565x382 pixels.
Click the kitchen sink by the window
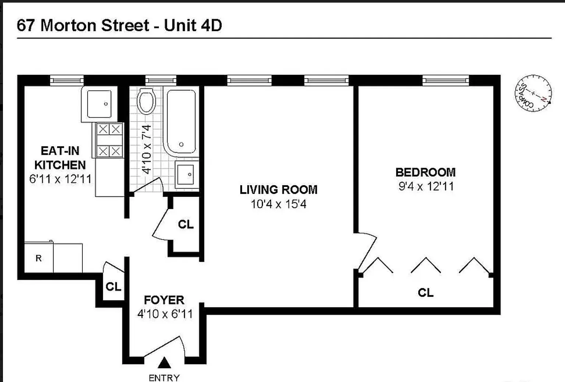[99, 104]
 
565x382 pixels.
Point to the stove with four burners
[110, 140]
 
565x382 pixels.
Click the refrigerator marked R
[39, 257]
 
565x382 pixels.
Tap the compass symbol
[533, 93]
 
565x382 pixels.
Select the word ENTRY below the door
[164, 378]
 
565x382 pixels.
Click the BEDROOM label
[426, 172]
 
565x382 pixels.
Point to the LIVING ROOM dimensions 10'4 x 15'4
[278, 204]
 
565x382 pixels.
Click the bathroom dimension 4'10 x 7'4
[146, 149]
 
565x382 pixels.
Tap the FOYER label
[164, 300]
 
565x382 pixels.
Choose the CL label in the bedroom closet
[426, 293]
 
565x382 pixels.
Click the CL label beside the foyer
[114, 287]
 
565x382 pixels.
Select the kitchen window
[67, 81]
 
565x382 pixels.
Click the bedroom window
[446, 81]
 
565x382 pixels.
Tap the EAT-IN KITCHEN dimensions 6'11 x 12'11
[60, 179]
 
